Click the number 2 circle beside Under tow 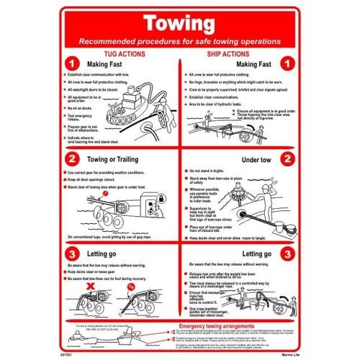click(287, 158)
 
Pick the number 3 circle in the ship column click(287, 253)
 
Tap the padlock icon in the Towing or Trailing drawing click(162, 195)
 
